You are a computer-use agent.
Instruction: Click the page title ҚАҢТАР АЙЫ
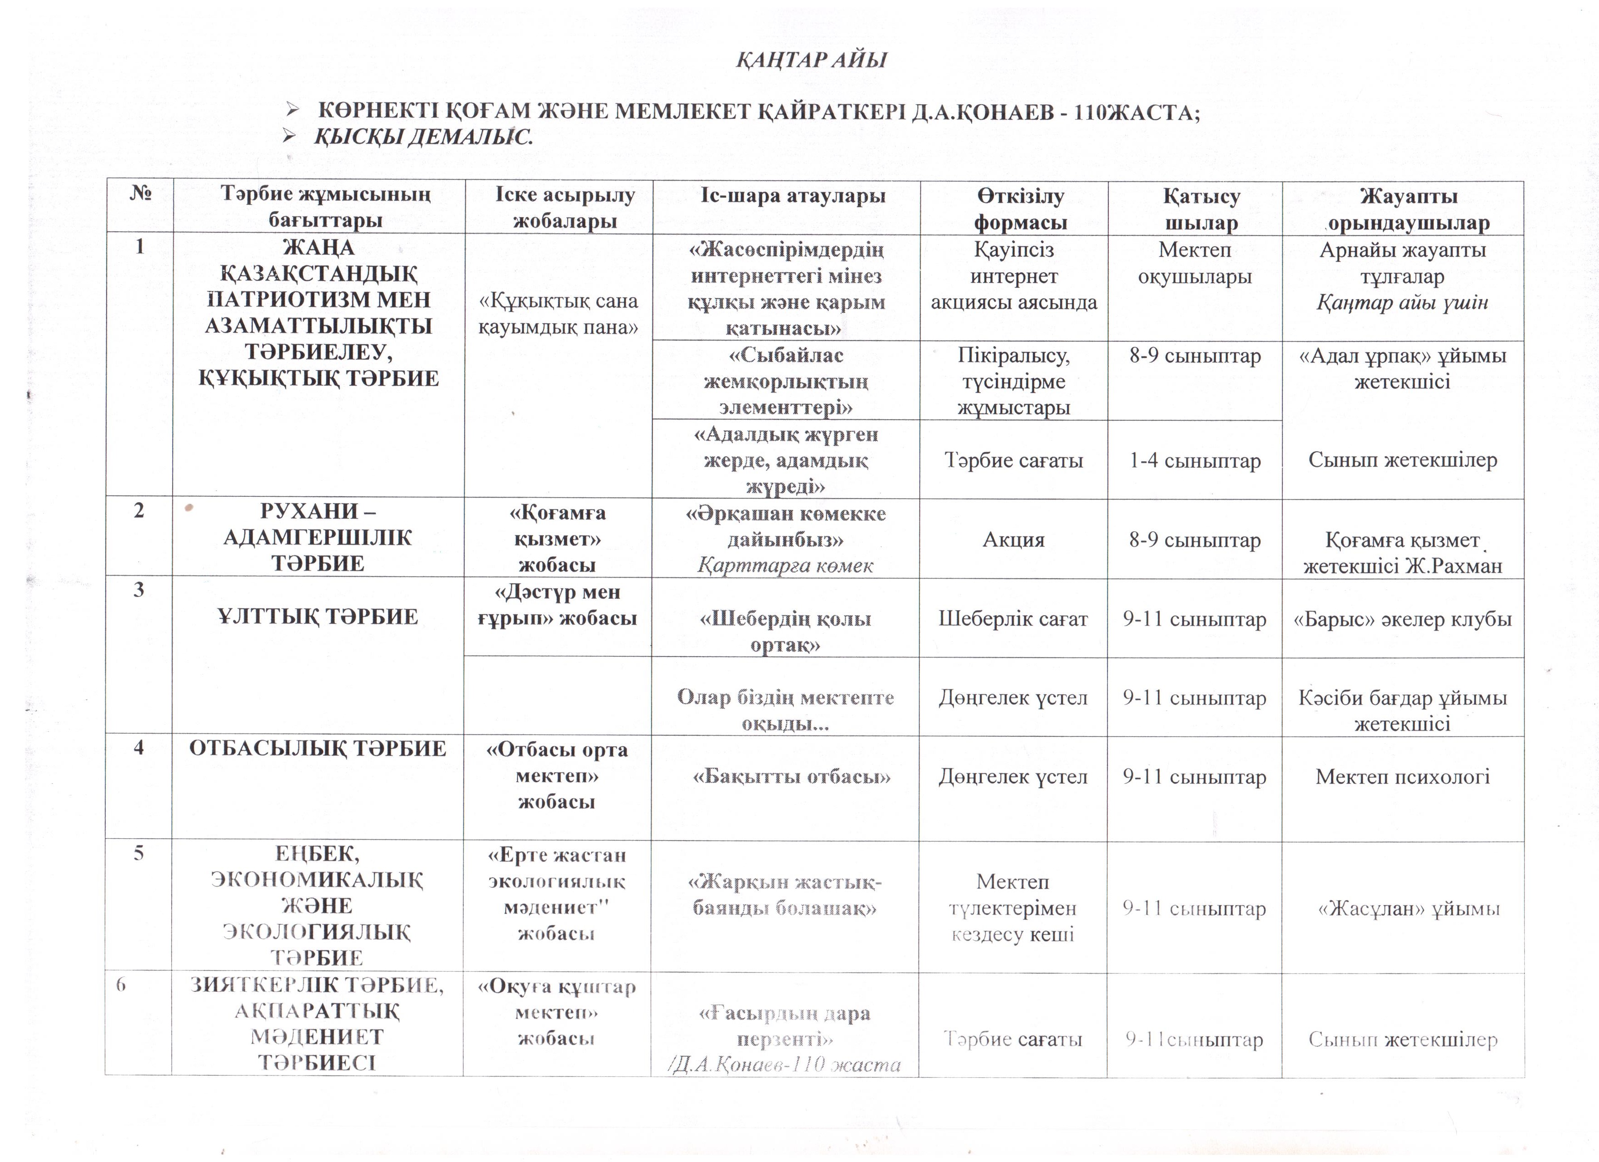click(811, 60)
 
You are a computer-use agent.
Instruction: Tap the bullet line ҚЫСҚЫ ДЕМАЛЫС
click(423, 137)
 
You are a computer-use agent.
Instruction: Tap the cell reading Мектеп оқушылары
click(1194, 263)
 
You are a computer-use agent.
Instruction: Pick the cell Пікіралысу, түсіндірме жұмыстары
click(1013, 381)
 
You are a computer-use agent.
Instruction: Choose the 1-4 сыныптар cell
click(1194, 461)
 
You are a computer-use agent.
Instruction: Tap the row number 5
click(139, 853)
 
